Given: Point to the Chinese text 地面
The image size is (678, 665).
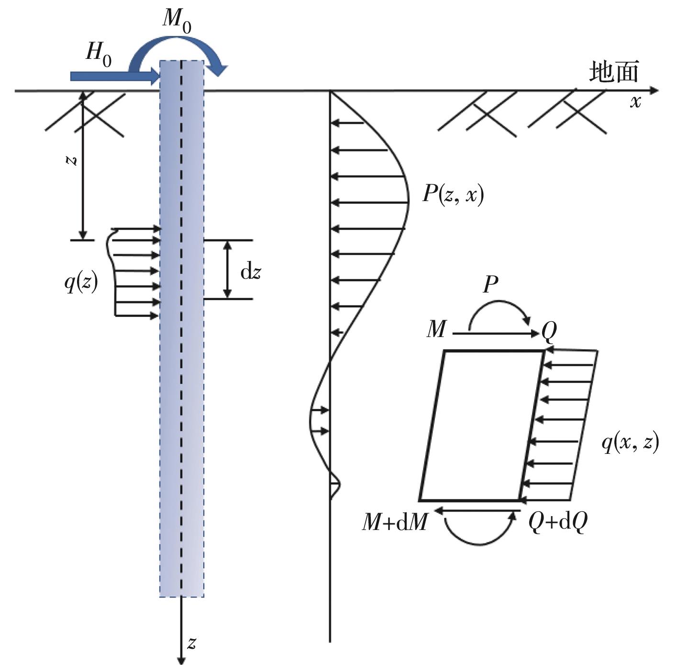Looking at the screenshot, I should click(x=613, y=72).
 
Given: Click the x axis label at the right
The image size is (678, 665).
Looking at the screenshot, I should click(x=635, y=102).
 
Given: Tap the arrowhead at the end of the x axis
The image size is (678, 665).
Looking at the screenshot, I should click(x=654, y=90).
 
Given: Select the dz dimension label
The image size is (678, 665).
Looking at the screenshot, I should click(x=250, y=272).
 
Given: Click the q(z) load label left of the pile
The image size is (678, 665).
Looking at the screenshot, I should click(x=81, y=283).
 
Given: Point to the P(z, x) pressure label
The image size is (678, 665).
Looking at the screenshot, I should click(x=453, y=194).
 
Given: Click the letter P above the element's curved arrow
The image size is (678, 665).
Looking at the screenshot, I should click(x=490, y=284).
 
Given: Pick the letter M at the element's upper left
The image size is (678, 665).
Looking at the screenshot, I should click(x=436, y=329).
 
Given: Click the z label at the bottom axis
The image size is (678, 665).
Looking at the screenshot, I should click(x=192, y=643).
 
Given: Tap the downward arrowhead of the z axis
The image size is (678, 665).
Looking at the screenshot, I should click(x=181, y=660).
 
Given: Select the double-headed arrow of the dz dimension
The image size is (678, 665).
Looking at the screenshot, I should click(x=228, y=270).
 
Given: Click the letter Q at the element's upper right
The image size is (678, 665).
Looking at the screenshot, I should click(x=549, y=330).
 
